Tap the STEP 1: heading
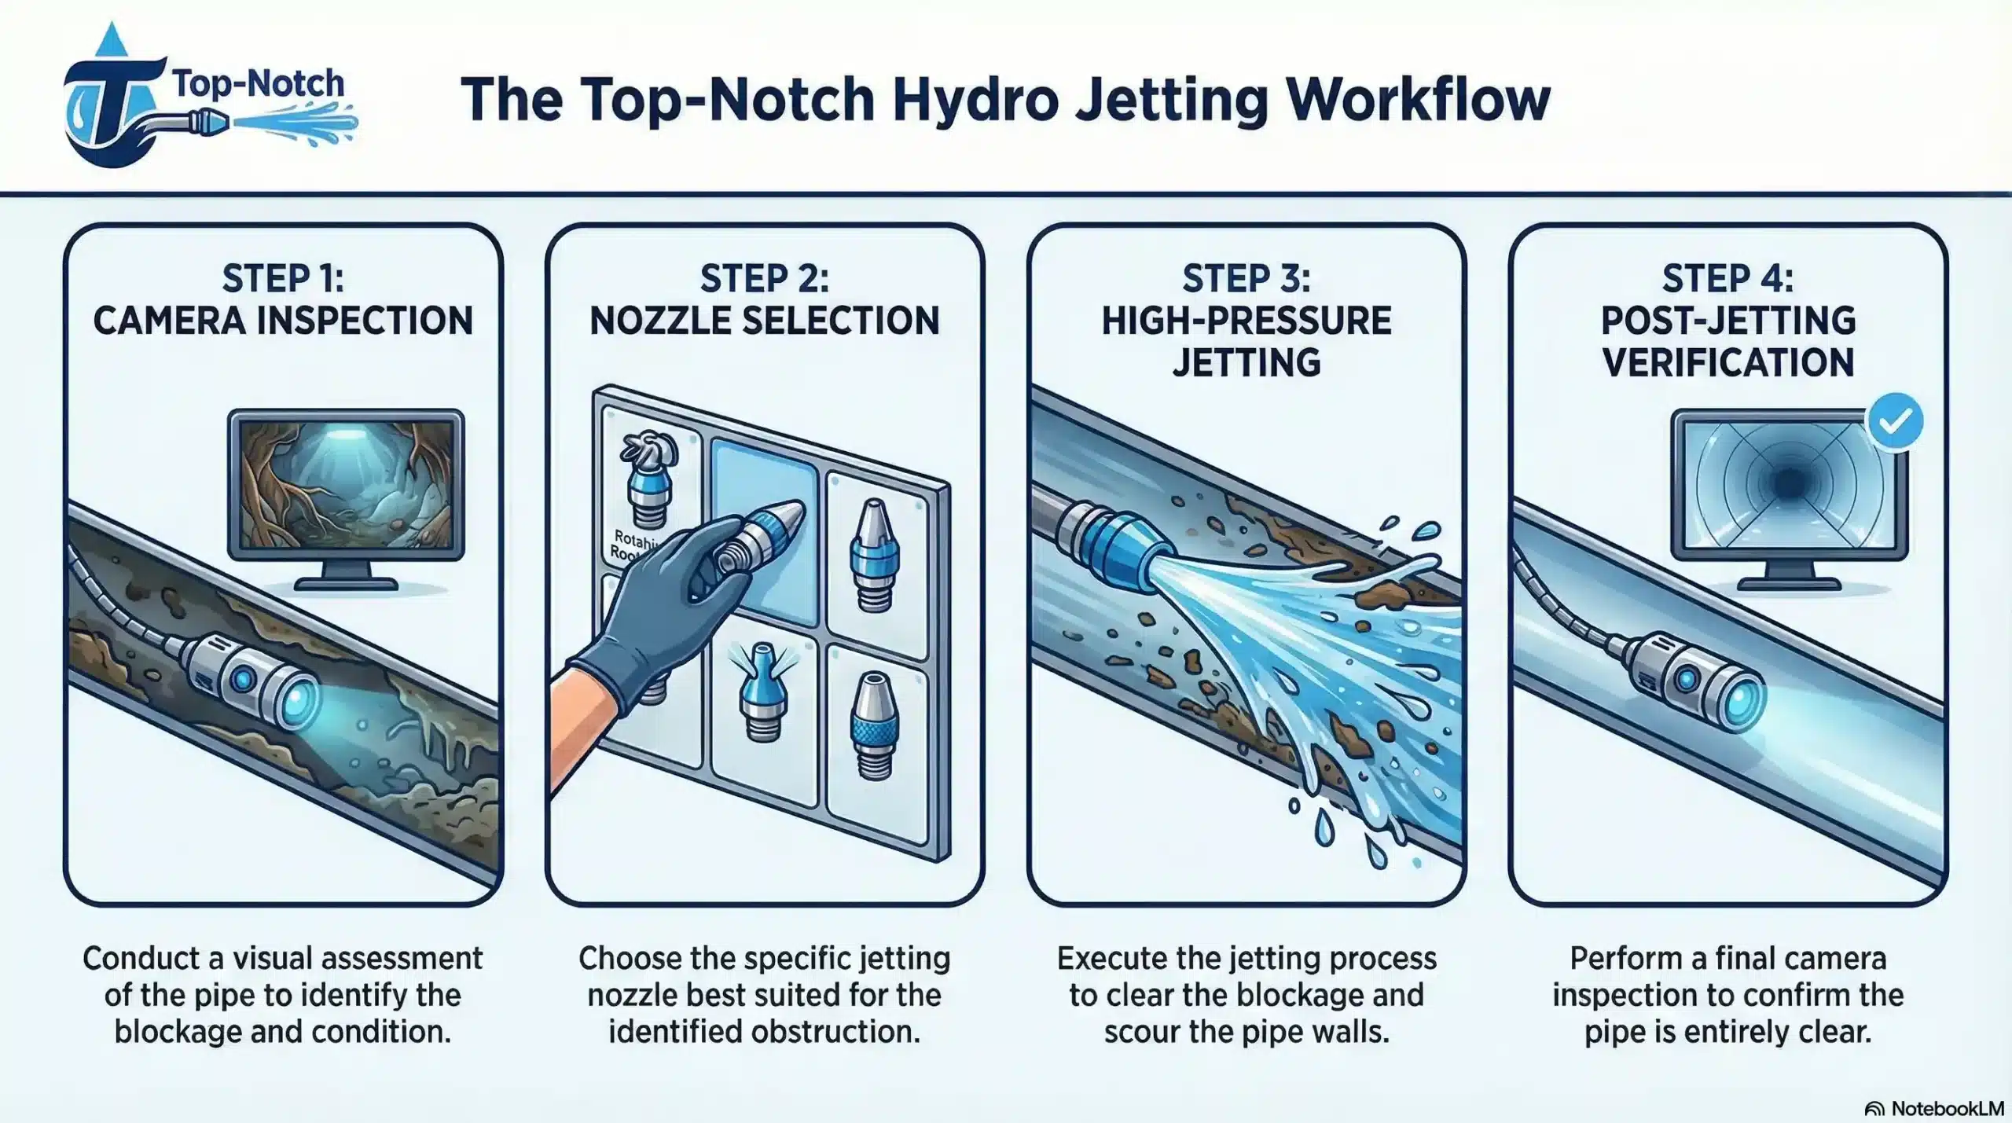[283, 279]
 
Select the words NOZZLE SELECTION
[764, 321]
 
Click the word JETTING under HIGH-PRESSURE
[1246, 362]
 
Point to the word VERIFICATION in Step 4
[1727, 362]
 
